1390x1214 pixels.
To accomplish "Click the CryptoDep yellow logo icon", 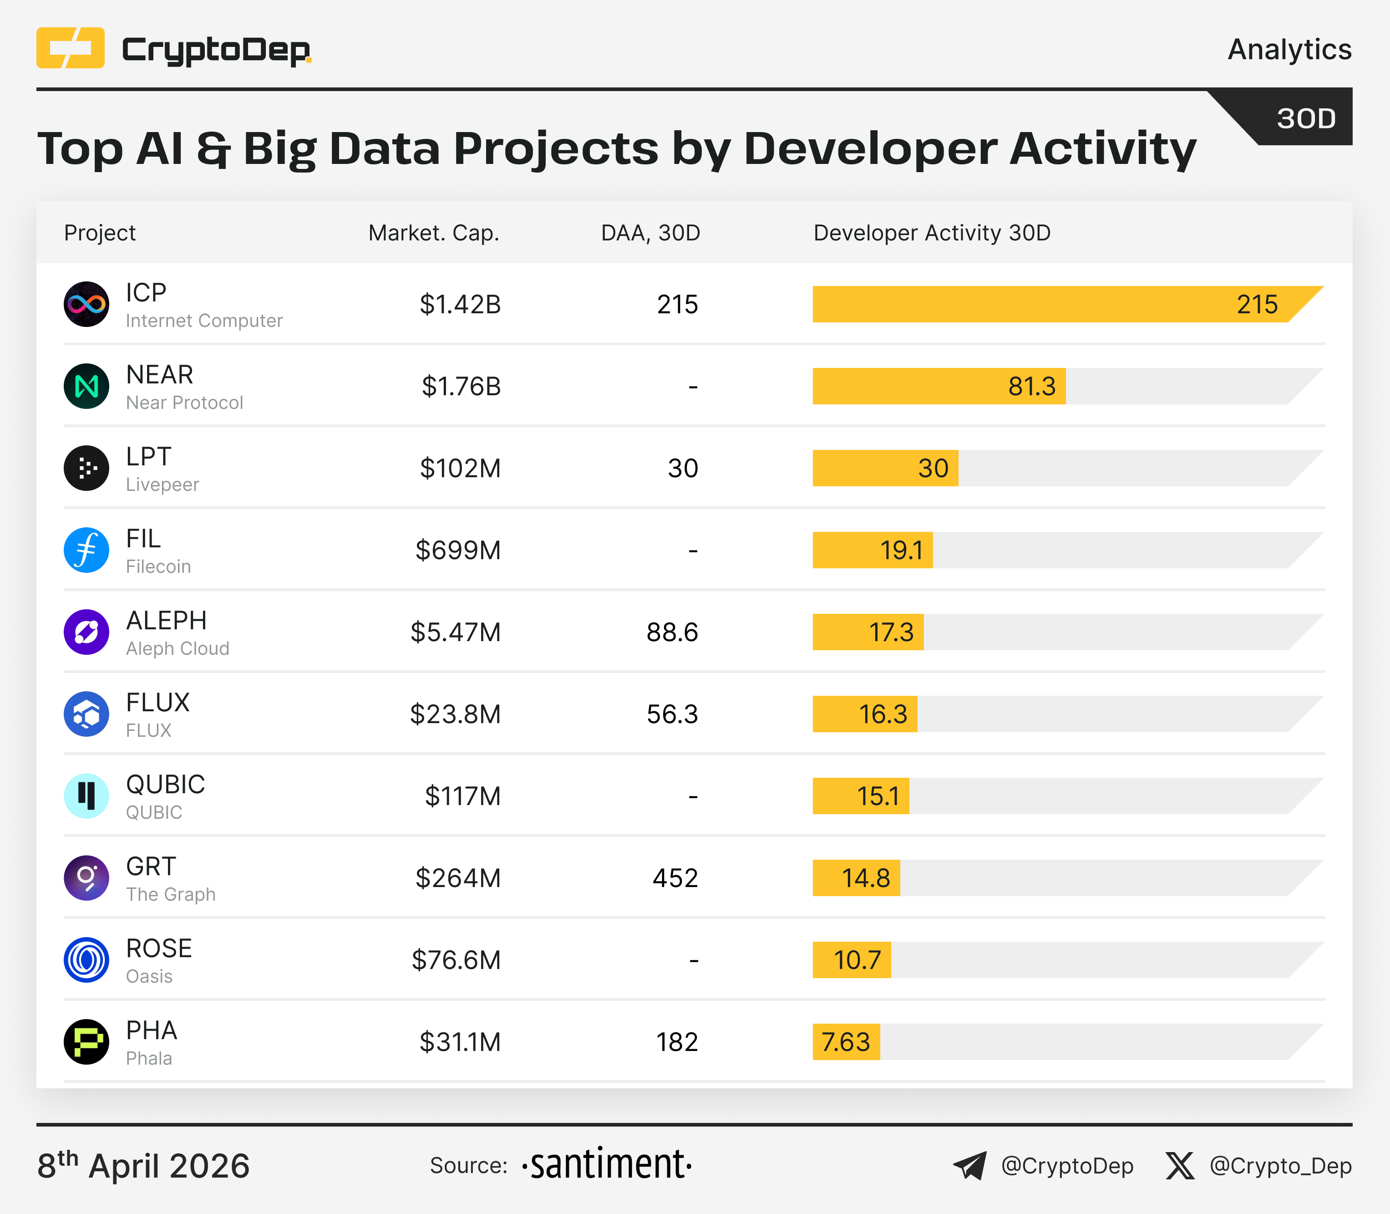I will pyautogui.click(x=71, y=48).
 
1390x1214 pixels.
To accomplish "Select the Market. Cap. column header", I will pyautogui.click(x=433, y=233).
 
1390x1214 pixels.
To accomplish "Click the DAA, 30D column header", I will pyautogui.click(x=650, y=233).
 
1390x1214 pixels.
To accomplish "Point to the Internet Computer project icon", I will pyautogui.click(x=86, y=304).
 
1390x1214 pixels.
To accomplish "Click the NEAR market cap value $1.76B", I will pyautogui.click(x=461, y=386).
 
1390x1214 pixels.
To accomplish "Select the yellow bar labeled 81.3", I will pyautogui.click(x=939, y=386).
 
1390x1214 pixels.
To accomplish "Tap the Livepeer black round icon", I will pyautogui.click(x=86, y=468).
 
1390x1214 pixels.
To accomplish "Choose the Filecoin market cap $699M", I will pyautogui.click(x=458, y=550).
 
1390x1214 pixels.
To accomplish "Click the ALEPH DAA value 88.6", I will pyautogui.click(x=672, y=632).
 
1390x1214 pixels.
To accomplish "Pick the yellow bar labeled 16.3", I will pyautogui.click(x=865, y=714).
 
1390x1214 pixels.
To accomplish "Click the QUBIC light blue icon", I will pyautogui.click(x=86, y=796).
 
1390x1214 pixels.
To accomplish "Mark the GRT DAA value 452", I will pyautogui.click(x=675, y=878).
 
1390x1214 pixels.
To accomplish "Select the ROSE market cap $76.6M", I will pyautogui.click(x=457, y=960).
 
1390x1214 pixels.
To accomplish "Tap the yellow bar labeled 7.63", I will pyautogui.click(x=846, y=1042).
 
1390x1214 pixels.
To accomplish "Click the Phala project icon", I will pyautogui.click(x=86, y=1042).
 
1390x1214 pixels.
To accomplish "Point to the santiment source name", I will pyautogui.click(x=607, y=1165).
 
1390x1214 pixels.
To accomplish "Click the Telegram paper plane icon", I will pyautogui.click(x=970, y=1166).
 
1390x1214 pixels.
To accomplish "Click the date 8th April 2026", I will pyautogui.click(x=143, y=1166).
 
